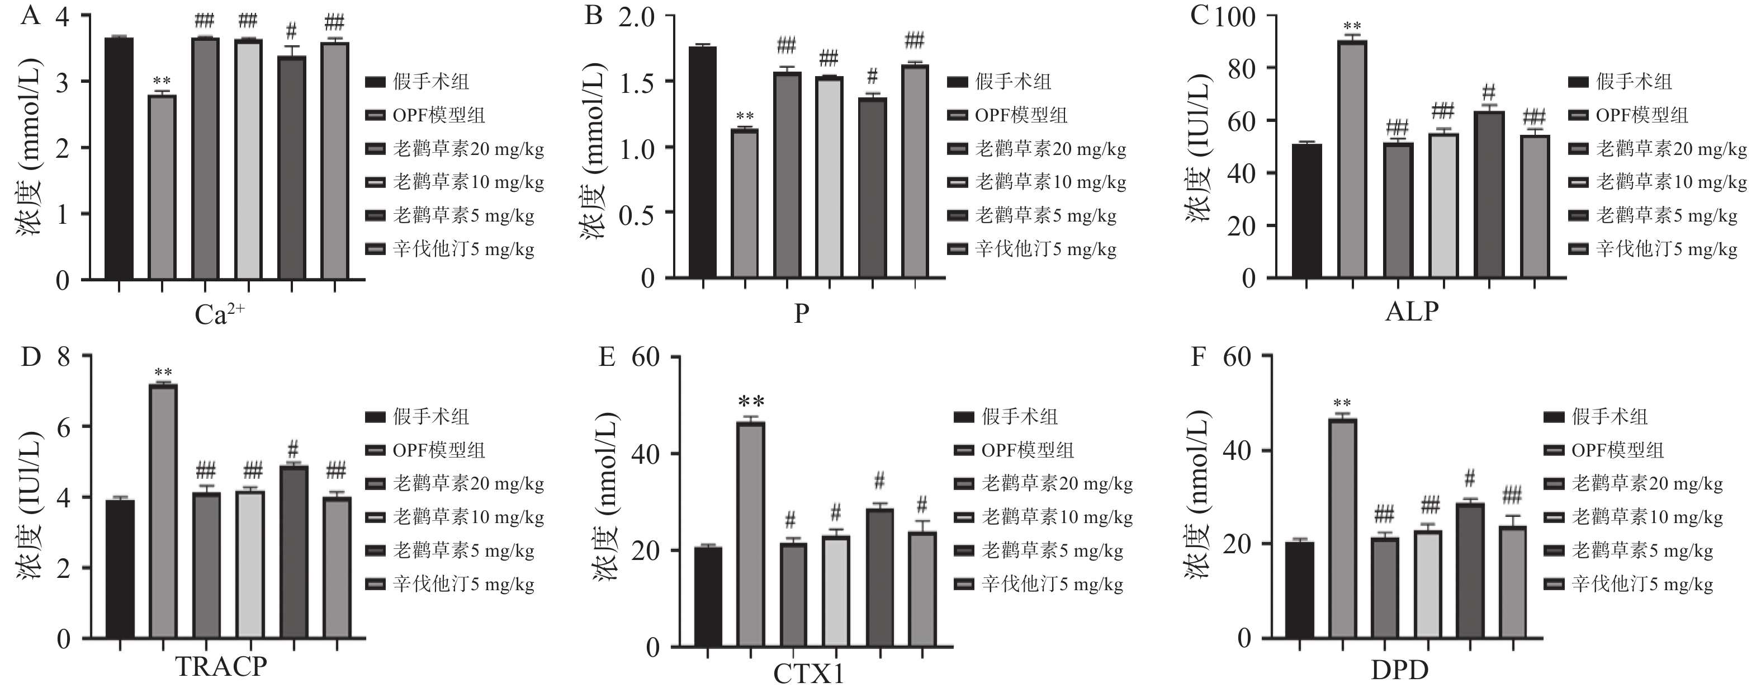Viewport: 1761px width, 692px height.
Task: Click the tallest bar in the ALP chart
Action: [1352, 159]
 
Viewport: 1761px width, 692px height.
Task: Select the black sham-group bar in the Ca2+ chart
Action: [119, 159]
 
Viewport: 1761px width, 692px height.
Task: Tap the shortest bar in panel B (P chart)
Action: [745, 204]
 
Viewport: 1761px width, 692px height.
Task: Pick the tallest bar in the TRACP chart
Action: [163, 511]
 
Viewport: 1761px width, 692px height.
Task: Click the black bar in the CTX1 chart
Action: [708, 596]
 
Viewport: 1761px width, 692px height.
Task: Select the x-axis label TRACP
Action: [221, 666]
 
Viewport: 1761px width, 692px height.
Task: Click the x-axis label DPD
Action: [1399, 670]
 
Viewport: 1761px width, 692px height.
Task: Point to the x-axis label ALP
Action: [1412, 311]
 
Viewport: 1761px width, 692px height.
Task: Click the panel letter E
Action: [607, 357]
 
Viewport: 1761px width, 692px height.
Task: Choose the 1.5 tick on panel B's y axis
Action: [636, 83]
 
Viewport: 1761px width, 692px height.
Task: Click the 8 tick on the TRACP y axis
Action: [64, 356]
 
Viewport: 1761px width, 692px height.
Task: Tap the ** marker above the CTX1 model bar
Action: [751, 402]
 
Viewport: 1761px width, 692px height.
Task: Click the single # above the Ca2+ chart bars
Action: [291, 31]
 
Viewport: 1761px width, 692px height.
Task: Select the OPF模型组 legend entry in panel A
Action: [438, 115]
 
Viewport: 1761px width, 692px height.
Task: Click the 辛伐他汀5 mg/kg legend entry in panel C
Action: [1666, 249]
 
